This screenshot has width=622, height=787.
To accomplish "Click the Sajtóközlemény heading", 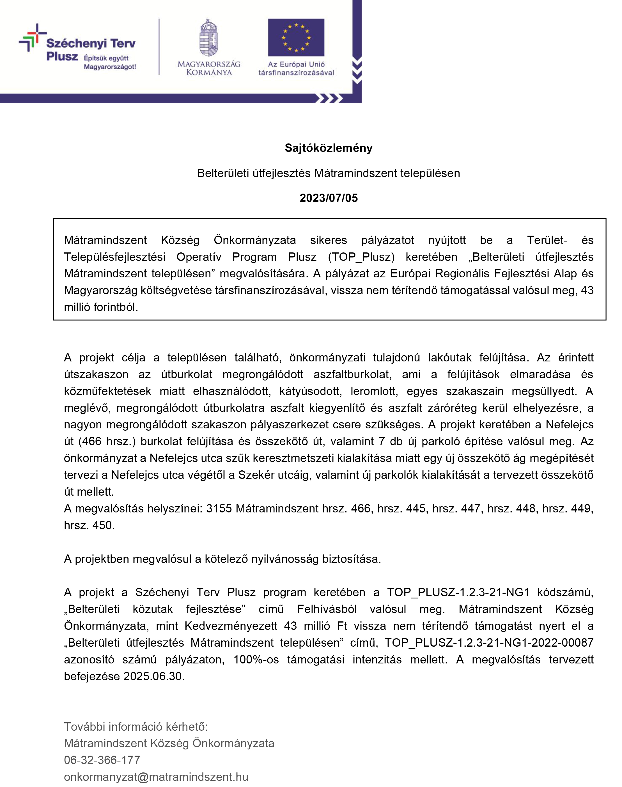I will click(x=329, y=148).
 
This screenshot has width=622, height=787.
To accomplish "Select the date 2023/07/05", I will click(x=329, y=198).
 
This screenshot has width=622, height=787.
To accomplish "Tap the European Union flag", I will click(x=296, y=38).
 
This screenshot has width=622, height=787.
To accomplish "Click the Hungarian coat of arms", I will click(x=209, y=38).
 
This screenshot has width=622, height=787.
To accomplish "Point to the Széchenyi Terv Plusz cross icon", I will click(x=32, y=38).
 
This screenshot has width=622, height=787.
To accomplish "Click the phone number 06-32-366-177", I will click(x=102, y=760).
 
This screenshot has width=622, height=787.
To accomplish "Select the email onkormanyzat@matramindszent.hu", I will click(x=156, y=777).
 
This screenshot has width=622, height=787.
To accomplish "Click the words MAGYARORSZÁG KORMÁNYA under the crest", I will click(x=209, y=68).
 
